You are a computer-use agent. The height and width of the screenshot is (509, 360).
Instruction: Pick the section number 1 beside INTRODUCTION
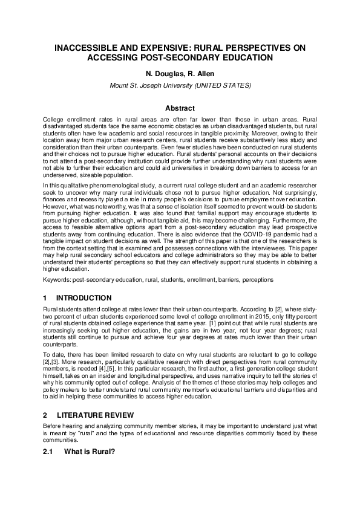[x=45, y=298]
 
